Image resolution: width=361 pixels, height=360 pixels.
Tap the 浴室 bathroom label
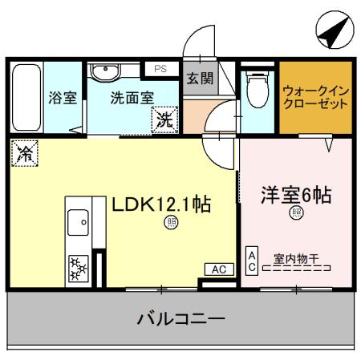tap(62, 99)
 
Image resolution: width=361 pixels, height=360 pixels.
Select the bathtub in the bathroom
tap(27, 99)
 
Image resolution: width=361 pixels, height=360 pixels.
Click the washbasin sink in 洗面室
tap(104, 74)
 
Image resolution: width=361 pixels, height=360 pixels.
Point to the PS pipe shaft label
tap(160, 70)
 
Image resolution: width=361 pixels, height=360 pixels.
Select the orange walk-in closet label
tap(315, 99)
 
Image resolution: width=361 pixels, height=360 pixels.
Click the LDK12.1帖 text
tap(160, 204)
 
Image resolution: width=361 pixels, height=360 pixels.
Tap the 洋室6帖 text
tap(297, 195)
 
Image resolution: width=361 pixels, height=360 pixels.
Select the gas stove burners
tap(79, 268)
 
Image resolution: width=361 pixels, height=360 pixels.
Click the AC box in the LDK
tap(217, 269)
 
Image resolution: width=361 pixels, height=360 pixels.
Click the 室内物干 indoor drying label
tap(296, 258)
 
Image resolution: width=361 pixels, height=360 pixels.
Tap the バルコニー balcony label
tap(180, 316)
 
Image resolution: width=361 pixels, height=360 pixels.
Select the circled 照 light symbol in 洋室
tap(296, 212)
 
